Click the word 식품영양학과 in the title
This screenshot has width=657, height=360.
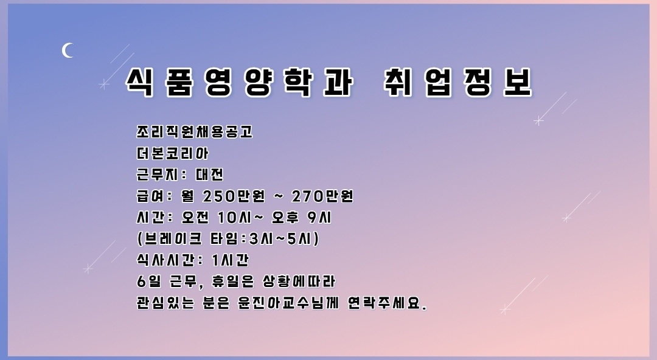[x=239, y=82]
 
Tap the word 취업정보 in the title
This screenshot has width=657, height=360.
[x=458, y=82]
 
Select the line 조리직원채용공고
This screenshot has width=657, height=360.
[x=195, y=131]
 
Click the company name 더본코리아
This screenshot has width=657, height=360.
[x=172, y=153]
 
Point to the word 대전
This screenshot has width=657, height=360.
[x=209, y=174]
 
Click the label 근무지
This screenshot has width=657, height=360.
[x=158, y=174]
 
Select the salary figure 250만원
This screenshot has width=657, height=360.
[x=234, y=196]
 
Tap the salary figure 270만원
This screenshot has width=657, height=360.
[x=322, y=196]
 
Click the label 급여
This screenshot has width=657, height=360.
[x=150, y=196]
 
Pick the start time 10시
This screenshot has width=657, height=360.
[x=234, y=217]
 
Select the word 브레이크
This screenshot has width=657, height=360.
[x=172, y=238]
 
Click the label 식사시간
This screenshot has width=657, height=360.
[x=165, y=260]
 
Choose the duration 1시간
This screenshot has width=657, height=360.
[x=231, y=260]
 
